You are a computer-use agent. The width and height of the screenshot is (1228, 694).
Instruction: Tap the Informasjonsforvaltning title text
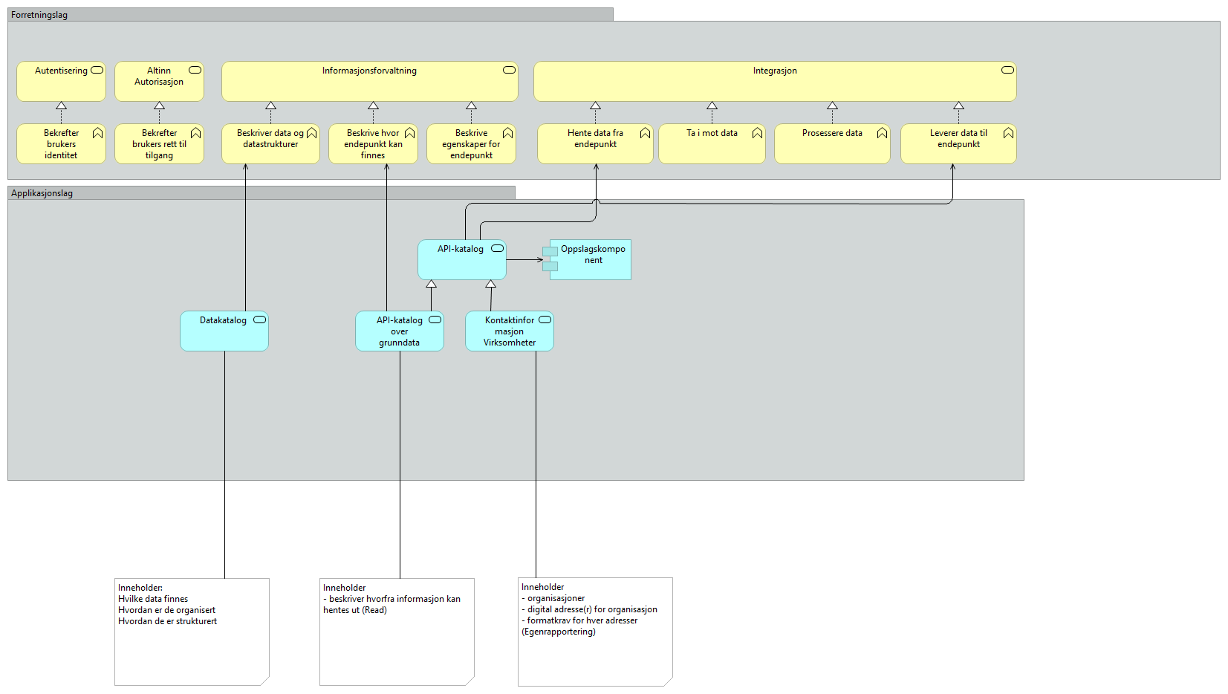pyautogui.click(x=369, y=71)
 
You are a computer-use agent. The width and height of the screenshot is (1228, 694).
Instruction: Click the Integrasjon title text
pyautogui.click(x=774, y=71)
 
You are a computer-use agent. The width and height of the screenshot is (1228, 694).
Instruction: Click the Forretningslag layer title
pyautogui.click(x=39, y=15)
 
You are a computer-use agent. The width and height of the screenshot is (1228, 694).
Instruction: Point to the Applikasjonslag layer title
pyautogui.click(x=42, y=193)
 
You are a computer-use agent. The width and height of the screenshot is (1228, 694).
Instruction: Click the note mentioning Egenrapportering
pyautogui.click(x=595, y=632)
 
